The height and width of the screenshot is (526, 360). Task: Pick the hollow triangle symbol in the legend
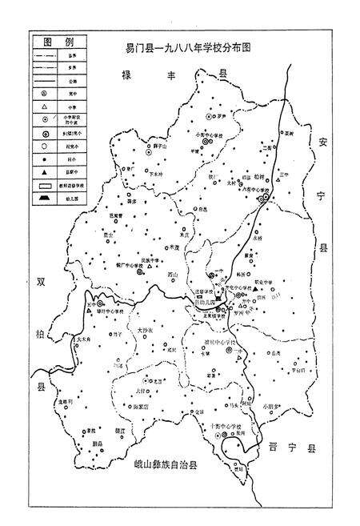tap(40, 105)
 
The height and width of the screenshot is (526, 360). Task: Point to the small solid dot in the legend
tap(40, 161)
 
